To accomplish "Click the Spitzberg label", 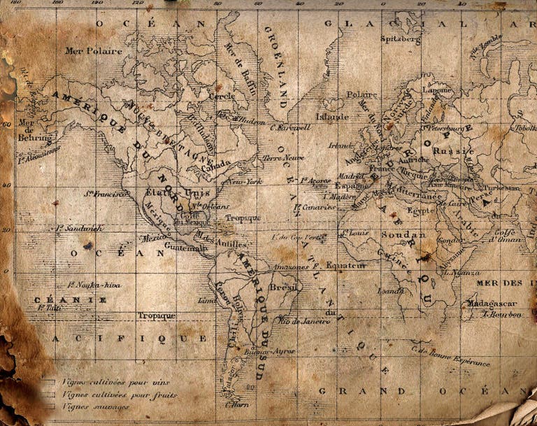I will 401,40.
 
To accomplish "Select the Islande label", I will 331,117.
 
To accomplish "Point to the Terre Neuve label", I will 283,158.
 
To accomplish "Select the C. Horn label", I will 238,404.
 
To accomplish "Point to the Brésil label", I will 284,287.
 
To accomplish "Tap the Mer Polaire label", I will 94,50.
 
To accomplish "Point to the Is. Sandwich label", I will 79,227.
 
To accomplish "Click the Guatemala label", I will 185,247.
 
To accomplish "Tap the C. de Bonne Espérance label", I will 451,356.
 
